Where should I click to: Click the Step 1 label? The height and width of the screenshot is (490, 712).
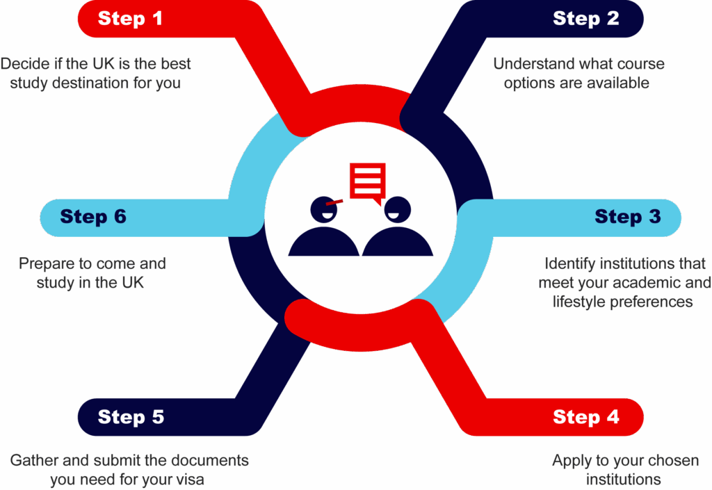tap(130, 19)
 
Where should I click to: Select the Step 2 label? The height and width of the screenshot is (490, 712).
tap(585, 19)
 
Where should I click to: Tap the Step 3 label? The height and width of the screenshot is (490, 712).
tap(627, 217)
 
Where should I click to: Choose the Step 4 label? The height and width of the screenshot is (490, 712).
tap(585, 417)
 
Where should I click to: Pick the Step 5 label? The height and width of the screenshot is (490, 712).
tap(131, 417)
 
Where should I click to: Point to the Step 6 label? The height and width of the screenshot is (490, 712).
tap(93, 217)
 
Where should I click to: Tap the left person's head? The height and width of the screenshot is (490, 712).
tap(323, 209)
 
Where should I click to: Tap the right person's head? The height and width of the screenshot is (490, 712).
tap(397, 209)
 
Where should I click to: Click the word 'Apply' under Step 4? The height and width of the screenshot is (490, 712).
tap(569, 461)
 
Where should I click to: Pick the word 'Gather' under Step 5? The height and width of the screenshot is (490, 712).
tap(31, 461)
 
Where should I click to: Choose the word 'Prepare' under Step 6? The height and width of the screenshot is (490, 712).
tap(44, 264)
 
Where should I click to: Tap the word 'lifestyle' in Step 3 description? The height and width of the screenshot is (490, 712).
tap(579, 302)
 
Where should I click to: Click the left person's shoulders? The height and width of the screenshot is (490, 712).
tap(323, 243)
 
